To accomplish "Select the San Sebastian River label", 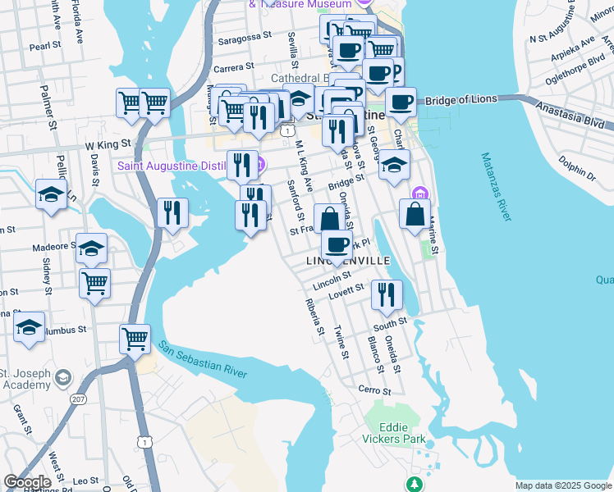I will tap(203, 359).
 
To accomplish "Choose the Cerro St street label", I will tap(371, 389).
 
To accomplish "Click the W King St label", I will tap(108, 144).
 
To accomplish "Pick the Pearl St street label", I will tap(41, 47).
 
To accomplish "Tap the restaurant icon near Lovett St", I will tap(387, 294).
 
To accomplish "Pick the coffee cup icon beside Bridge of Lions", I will tap(401, 102).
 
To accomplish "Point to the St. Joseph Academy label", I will tap(25, 378).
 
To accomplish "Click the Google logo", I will tap(27, 481).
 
